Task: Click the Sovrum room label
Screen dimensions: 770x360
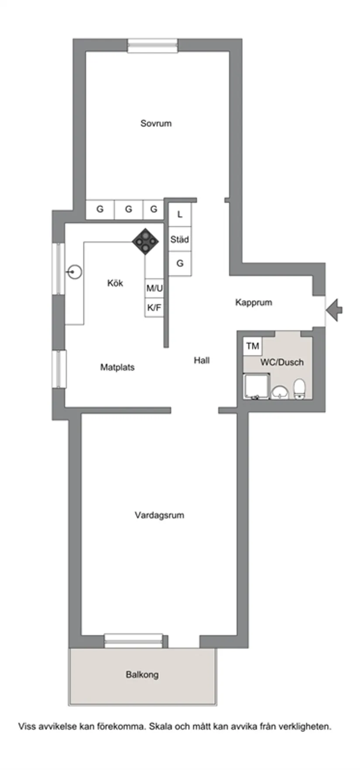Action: click(156, 123)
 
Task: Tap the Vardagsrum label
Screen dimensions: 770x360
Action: click(159, 515)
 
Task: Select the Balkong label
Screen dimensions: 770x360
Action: click(142, 674)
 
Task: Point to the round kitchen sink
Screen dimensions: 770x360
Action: click(75, 273)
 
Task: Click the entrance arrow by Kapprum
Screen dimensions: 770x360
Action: click(335, 310)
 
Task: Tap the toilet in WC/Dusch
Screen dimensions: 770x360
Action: click(299, 389)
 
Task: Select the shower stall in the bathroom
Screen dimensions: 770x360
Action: click(256, 387)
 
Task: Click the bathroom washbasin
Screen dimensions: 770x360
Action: click(280, 392)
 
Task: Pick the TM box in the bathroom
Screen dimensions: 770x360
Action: click(253, 346)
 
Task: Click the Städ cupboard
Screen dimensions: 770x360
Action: click(180, 240)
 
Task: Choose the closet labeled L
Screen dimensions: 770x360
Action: click(180, 215)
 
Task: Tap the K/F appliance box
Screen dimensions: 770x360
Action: click(154, 308)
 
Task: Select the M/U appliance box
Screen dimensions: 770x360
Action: click(154, 288)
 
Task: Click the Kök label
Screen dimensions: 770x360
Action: click(115, 284)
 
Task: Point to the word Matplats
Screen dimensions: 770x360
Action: click(117, 367)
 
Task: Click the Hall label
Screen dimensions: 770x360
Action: click(202, 360)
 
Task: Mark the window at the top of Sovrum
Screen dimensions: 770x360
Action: click(153, 45)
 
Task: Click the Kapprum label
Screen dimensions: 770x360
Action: click(254, 302)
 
